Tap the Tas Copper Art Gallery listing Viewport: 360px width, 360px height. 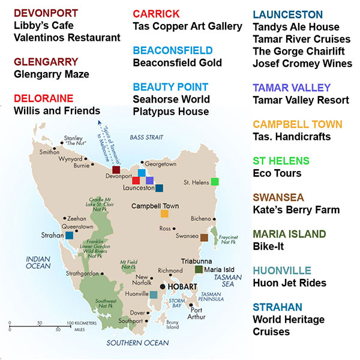click(x=187, y=26)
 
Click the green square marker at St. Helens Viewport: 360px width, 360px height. click(x=215, y=181)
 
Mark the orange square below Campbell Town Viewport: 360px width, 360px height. click(x=164, y=213)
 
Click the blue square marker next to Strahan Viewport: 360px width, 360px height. click(x=70, y=236)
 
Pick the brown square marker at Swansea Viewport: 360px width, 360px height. click(x=204, y=238)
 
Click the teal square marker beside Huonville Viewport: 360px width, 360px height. click(x=154, y=295)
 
